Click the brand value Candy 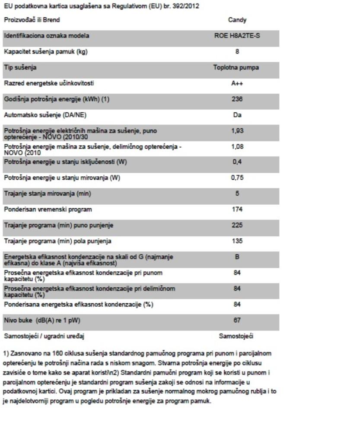click(237, 20)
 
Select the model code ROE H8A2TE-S click(237, 36)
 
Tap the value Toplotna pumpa click(237, 68)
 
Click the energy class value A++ click(237, 84)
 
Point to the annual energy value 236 click(237, 99)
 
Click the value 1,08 click(237, 146)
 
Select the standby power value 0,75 click(237, 178)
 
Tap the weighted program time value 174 click(237, 210)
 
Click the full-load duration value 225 click(237, 225)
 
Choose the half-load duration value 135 click(237, 241)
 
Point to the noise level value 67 click(237, 321)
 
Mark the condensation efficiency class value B click(237, 257)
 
